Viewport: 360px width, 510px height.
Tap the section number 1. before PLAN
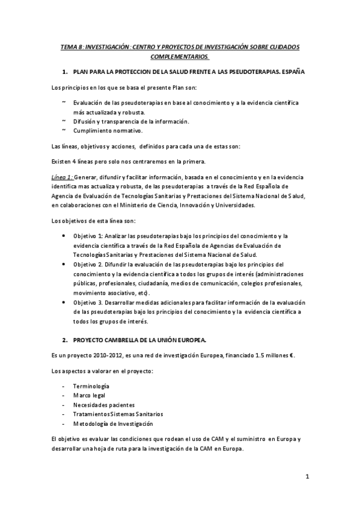point(66,72)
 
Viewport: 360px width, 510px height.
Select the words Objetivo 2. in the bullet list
point(88,265)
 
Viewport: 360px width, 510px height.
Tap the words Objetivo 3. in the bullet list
point(88,303)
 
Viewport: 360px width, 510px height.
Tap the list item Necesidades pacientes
point(104,405)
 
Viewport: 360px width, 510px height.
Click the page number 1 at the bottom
point(307,478)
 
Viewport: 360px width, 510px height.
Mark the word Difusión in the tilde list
point(85,121)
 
